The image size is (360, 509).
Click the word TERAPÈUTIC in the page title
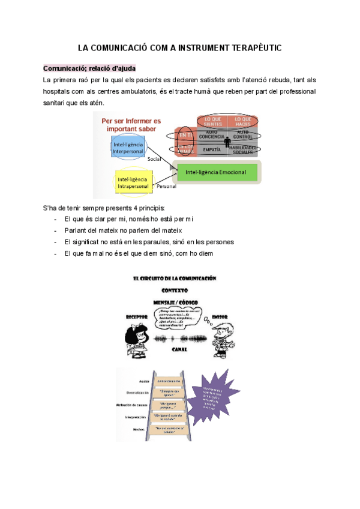coord(251,47)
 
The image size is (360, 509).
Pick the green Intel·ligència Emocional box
coord(217,173)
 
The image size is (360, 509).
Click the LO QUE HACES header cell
coord(242,121)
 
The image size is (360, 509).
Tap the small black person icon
coord(227,142)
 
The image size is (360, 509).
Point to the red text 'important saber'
coord(131,129)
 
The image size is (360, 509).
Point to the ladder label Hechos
coord(140,429)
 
